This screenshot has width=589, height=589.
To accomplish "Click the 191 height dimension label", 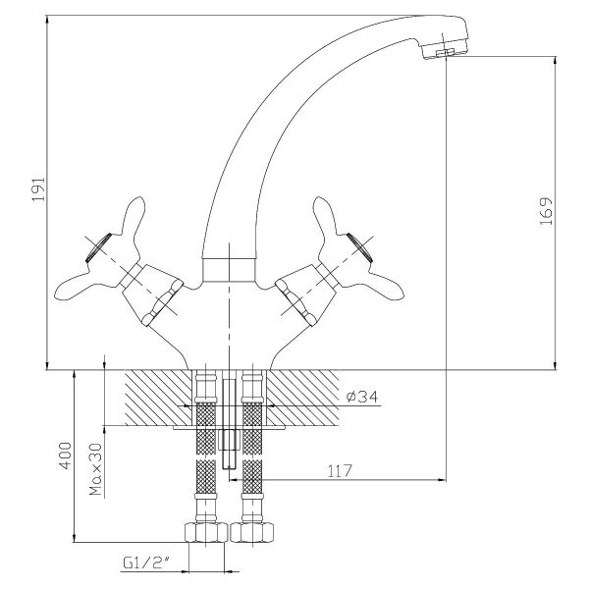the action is click(38, 188).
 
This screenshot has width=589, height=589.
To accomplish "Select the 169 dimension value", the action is click(546, 211).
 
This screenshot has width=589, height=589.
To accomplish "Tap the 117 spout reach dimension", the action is click(340, 470).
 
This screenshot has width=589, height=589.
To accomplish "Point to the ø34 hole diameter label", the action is click(362, 397).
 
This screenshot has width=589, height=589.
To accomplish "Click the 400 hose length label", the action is click(66, 455).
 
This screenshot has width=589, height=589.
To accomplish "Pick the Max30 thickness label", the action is click(96, 469).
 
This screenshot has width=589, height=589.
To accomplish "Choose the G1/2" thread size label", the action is click(147, 562).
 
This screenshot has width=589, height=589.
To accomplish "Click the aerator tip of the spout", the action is click(445, 51).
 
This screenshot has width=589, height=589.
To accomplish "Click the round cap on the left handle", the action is click(99, 247).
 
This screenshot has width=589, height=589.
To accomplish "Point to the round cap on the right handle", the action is click(359, 247).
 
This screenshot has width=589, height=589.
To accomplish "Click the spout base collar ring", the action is click(229, 269).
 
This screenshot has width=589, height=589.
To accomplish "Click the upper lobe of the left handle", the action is click(133, 218).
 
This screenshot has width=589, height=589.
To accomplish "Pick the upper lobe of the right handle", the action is click(326, 218).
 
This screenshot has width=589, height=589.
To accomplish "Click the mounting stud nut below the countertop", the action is click(229, 441).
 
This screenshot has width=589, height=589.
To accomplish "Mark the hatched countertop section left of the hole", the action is click(158, 398).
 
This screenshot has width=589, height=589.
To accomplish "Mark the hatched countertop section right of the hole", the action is click(302, 398).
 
